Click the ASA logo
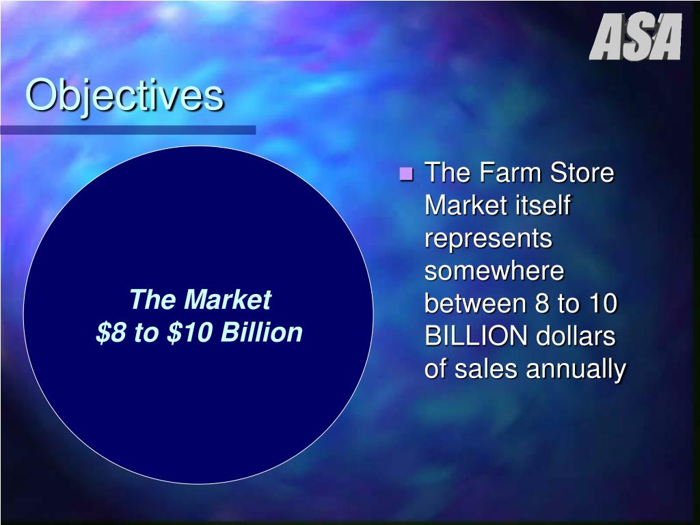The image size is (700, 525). tap(635, 38)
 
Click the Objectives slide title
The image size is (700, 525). tap(124, 96)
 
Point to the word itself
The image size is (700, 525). tap(541, 206)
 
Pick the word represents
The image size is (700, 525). tap(488, 239)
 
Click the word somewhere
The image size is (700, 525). tap(494, 271)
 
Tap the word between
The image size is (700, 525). tap(476, 304)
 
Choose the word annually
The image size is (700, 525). tap(576, 370)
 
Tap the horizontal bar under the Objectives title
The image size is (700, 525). tap(128, 129)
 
